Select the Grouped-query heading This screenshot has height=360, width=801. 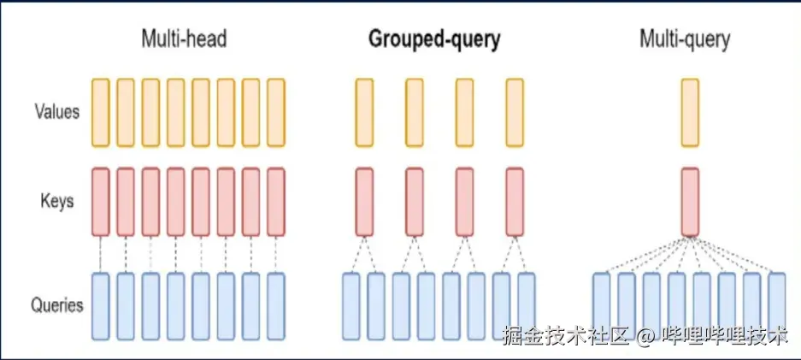pos(433,39)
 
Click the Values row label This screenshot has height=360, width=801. pos(56,111)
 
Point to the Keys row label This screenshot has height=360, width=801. pos(56,202)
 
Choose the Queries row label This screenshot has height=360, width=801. pos(56,304)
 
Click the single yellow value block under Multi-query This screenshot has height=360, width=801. pos(690,112)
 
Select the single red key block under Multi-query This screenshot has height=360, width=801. pos(690,202)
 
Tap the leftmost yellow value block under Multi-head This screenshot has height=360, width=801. pos(101,112)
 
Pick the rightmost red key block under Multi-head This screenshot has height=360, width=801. pos(275,202)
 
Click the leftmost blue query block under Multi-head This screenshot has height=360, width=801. pos(101,304)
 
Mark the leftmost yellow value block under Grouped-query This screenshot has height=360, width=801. pos(364,112)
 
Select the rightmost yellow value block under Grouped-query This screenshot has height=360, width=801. pos(514,112)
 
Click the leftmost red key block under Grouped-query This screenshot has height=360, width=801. pos(364,202)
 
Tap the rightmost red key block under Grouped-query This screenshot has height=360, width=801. pos(514,202)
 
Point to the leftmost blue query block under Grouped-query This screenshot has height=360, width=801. pos(351,304)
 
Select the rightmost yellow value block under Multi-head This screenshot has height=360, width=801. pos(275,112)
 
